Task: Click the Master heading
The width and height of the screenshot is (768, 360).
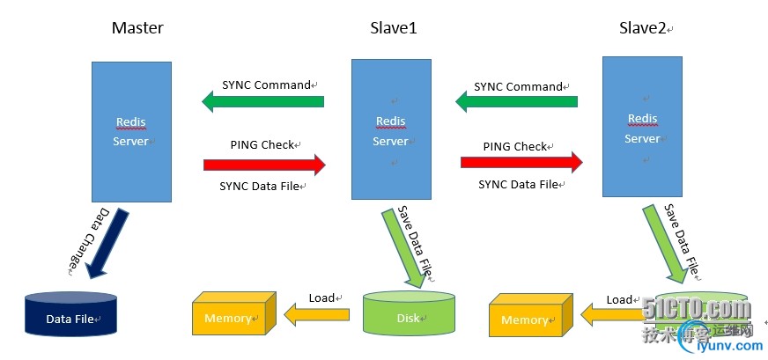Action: pyautogui.click(x=137, y=28)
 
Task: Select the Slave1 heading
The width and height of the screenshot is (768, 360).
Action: pyautogui.click(x=392, y=28)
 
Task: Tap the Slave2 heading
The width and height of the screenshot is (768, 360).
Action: pyautogui.click(x=642, y=28)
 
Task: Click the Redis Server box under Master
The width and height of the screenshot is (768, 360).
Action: pyautogui.click(x=130, y=130)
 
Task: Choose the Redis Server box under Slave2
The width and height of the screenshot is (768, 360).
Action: pyautogui.click(x=642, y=127)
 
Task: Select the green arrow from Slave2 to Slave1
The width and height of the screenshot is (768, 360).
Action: pyautogui.click(x=515, y=102)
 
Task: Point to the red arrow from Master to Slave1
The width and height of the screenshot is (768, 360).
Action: pyautogui.click(x=264, y=164)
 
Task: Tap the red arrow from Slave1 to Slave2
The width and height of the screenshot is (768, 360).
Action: pyautogui.click(x=521, y=162)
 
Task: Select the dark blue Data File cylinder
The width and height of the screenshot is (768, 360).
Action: pyautogui.click(x=70, y=316)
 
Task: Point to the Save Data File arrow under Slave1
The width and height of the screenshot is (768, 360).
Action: pyautogui.click(x=406, y=246)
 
